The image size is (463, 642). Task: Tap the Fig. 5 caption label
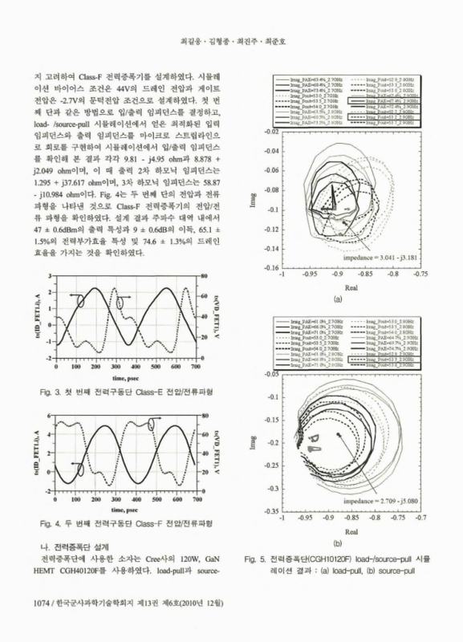[x=260, y=559]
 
